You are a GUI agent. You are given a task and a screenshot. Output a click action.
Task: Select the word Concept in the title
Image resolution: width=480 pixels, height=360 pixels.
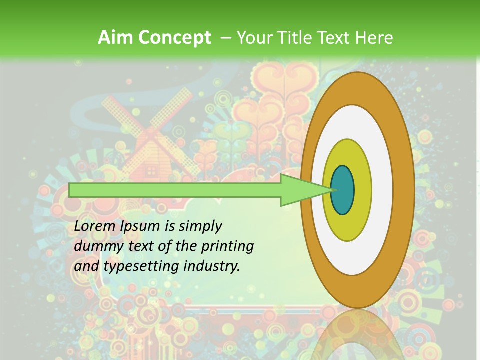pos(174,38)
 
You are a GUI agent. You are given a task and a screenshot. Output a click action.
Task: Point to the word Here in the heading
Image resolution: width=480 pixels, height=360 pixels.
pos(374,38)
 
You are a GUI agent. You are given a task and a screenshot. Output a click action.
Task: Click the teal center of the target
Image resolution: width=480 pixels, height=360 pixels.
pos(342,190)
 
